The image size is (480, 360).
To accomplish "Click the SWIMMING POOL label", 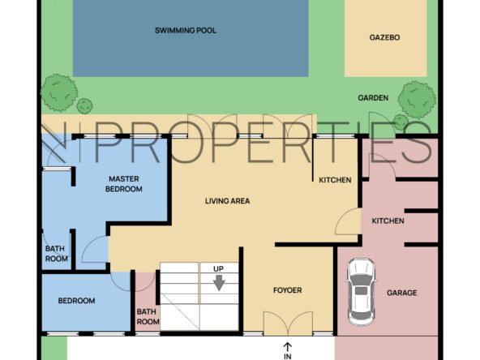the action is tap(186, 30).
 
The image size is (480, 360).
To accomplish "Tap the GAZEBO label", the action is tap(384, 37).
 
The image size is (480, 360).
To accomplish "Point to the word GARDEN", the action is tap(373, 98).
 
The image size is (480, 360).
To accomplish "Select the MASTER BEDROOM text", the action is tap(124, 184).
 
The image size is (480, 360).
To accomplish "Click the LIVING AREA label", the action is tap(228, 201).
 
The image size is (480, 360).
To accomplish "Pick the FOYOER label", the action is tap(288, 290).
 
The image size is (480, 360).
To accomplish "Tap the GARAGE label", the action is tap(401, 293).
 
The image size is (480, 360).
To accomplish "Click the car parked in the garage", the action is tap(361, 292).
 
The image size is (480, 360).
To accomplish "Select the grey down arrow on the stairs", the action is tap(219, 283).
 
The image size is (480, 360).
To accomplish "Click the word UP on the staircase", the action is tap(218, 268).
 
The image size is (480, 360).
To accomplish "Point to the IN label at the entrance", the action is tap(288, 356).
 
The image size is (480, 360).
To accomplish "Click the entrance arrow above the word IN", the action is tap(288, 347).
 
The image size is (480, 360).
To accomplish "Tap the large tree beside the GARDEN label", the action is tap(417, 100).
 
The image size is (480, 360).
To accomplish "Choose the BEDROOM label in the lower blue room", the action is tap(76, 301).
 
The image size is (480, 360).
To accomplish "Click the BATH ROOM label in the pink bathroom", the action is tap(148, 316).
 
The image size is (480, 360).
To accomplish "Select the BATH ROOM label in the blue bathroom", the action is tap(56, 254).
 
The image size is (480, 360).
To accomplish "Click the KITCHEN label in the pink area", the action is tap(388, 221).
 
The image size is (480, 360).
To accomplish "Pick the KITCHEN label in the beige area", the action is tap(335, 180).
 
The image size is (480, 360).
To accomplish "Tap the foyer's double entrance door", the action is tap(288, 324).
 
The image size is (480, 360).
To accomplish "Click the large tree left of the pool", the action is tap(58, 92).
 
